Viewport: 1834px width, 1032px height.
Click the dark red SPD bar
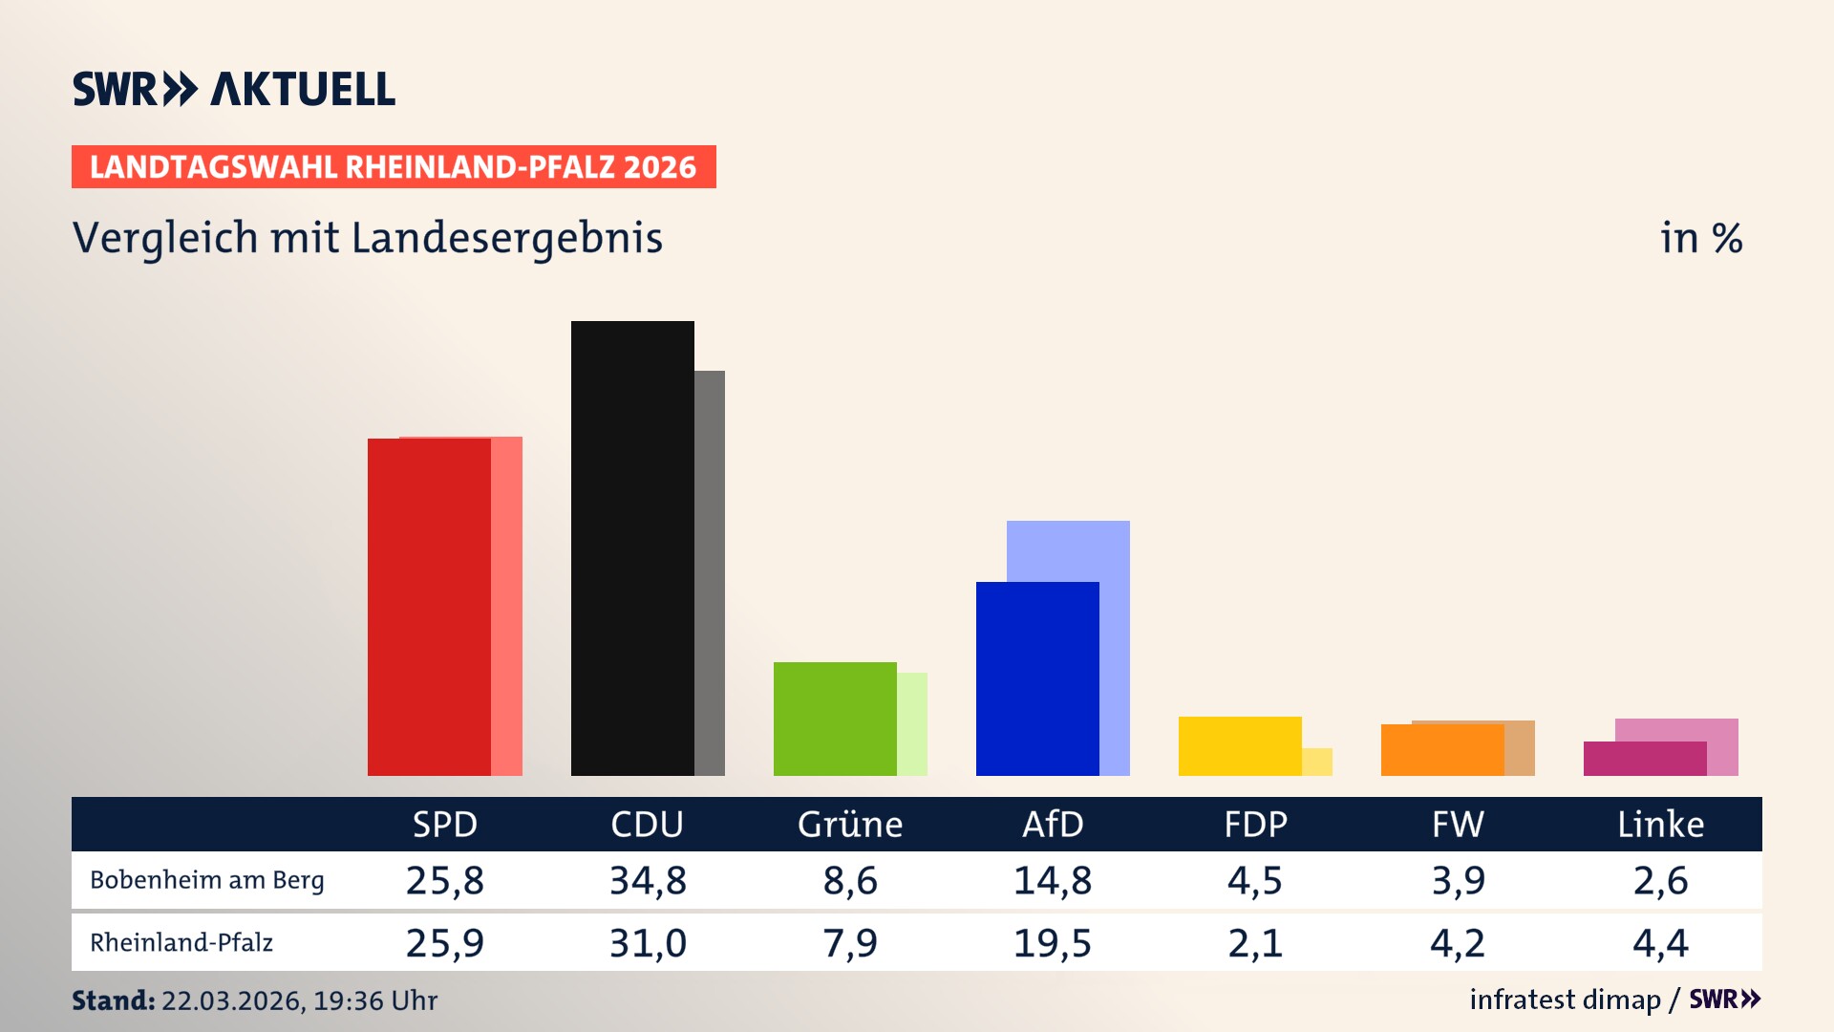(429, 607)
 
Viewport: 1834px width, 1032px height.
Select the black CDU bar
(632, 548)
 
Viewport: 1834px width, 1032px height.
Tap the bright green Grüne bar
(835, 719)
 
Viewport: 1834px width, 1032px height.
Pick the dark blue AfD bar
(1037, 678)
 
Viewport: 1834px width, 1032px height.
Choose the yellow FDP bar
(1240, 745)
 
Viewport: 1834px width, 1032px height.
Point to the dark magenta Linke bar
(1645, 759)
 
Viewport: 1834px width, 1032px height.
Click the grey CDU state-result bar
(710, 573)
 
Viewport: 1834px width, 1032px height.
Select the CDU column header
(648, 825)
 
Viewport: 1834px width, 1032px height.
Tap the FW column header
(1458, 825)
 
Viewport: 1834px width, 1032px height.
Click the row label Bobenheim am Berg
(207, 880)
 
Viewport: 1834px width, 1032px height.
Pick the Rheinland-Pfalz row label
(181, 943)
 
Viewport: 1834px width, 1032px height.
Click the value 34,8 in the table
(648, 880)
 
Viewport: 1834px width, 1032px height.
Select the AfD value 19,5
(1053, 943)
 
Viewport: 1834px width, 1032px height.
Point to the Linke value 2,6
(1660, 880)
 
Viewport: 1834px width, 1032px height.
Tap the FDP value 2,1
(1255, 943)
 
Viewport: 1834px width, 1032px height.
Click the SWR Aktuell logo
(234, 89)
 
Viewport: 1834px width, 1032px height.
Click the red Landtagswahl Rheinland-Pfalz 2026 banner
(394, 166)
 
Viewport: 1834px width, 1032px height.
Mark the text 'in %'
(1701, 238)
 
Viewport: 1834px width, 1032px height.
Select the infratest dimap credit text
(1565, 1000)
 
